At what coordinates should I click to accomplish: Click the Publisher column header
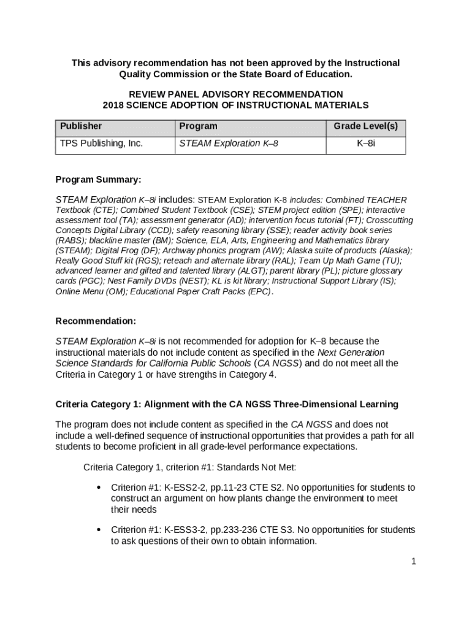click(81, 126)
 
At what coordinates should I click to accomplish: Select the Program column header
click(198, 126)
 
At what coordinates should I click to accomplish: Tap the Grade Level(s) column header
click(365, 126)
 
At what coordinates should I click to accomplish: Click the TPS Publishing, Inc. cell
click(101, 144)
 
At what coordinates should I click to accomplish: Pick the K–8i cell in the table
click(365, 144)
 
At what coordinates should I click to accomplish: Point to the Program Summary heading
click(98, 180)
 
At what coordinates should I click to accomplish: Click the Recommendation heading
click(96, 321)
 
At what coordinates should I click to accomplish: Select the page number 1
click(414, 561)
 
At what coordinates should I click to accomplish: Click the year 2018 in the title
click(113, 105)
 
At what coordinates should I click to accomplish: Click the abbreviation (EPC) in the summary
click(259, 292)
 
